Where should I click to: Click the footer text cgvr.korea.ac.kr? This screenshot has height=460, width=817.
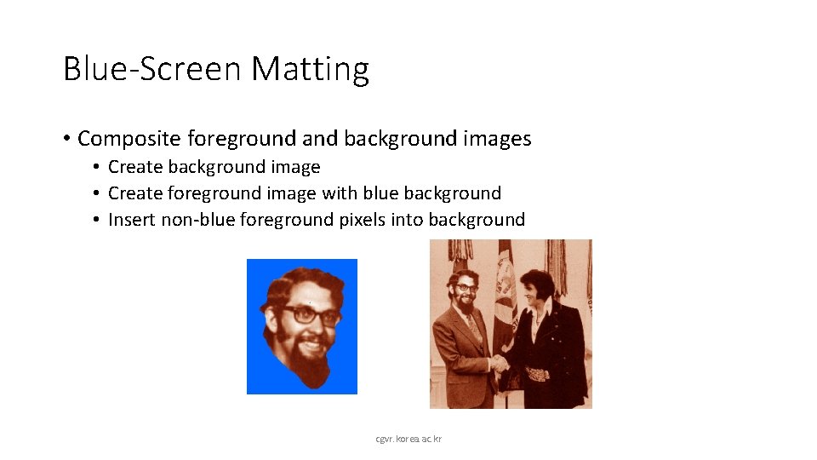(408, 439)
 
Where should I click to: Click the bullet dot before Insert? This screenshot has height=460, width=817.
(99, 221)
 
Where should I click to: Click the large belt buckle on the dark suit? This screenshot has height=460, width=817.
(535, 373)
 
